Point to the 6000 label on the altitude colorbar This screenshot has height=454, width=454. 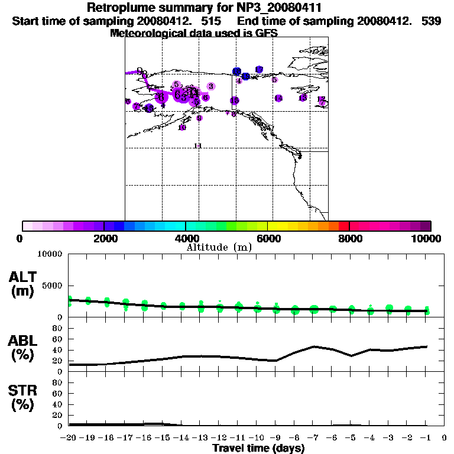click(267, 238)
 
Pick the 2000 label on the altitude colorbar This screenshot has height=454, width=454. click(104, 238)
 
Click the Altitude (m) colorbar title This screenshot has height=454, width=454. click(219, 247)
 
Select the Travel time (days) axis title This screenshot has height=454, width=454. click(258, 449)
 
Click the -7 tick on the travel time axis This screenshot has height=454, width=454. click(313, 438)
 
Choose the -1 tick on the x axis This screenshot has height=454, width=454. click(426, 438)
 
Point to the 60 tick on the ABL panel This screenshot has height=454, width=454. click(59, 339)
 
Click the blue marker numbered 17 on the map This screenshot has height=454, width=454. click(258, 70)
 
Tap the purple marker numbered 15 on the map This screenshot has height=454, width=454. click(235, 101)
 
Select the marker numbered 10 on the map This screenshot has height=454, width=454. click(182, 128)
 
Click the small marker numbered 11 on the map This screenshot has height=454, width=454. click(198, 145)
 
